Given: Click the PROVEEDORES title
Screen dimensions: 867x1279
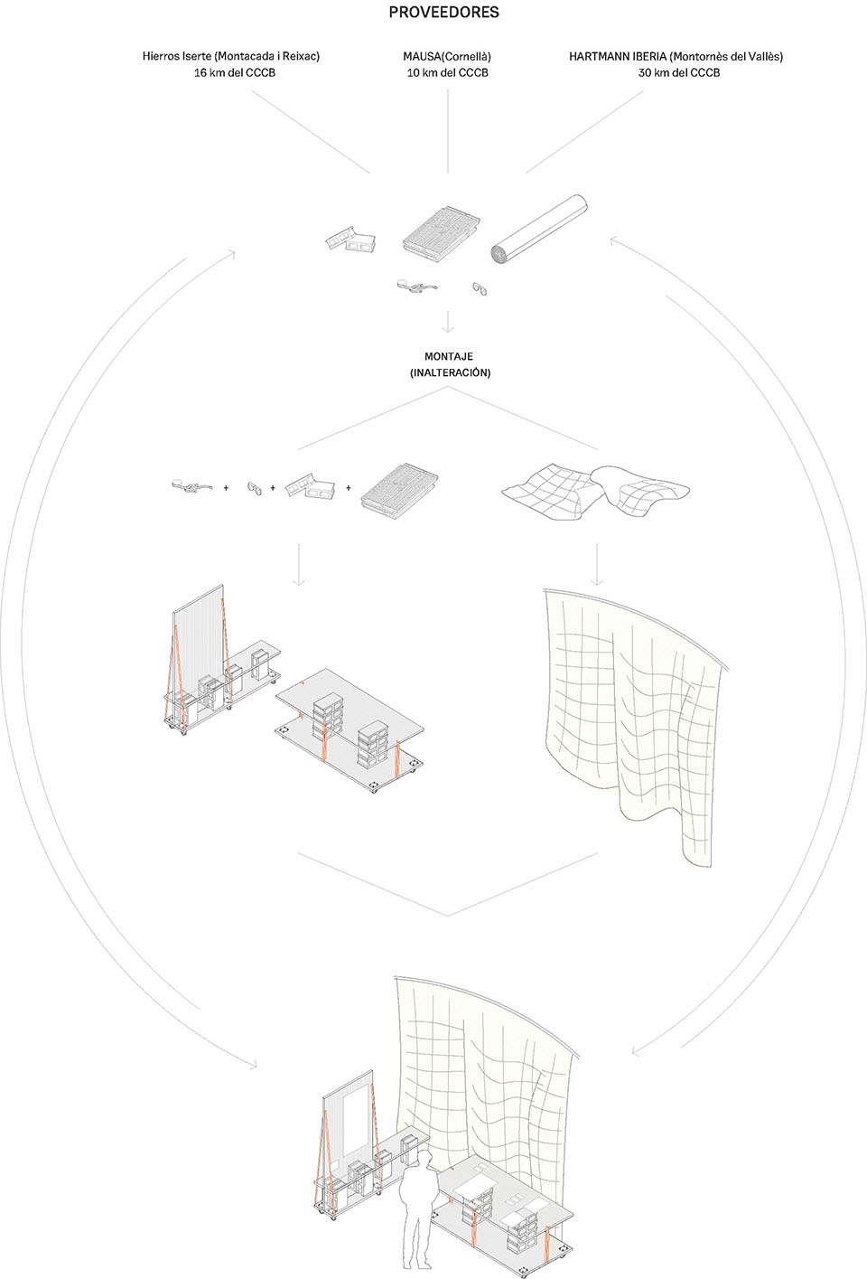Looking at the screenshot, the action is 443,12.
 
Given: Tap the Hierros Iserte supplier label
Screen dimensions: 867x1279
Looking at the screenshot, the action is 231,56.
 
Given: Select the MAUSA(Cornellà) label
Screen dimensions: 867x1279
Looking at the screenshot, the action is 447,57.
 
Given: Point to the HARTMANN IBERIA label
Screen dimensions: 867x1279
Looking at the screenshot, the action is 676,57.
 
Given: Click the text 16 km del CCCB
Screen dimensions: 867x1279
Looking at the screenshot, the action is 235,72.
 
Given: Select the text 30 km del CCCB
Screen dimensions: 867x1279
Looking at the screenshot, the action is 679,72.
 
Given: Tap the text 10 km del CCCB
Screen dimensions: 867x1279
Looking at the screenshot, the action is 448,72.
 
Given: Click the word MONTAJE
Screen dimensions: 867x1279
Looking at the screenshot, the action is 449,356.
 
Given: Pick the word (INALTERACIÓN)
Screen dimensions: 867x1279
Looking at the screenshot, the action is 450,372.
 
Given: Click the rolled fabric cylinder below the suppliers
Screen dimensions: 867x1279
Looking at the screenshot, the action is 539,229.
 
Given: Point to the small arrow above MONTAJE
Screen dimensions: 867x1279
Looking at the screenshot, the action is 448,322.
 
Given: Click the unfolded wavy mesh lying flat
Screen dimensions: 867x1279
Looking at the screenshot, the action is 595,492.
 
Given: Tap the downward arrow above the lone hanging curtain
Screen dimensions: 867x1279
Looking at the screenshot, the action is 597,564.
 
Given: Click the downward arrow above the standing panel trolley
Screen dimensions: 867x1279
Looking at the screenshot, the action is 299,564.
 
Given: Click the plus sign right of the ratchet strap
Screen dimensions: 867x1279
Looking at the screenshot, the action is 226,488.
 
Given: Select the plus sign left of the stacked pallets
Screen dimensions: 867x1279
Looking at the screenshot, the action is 349,488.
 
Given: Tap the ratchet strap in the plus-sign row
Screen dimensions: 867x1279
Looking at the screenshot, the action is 192,485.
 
